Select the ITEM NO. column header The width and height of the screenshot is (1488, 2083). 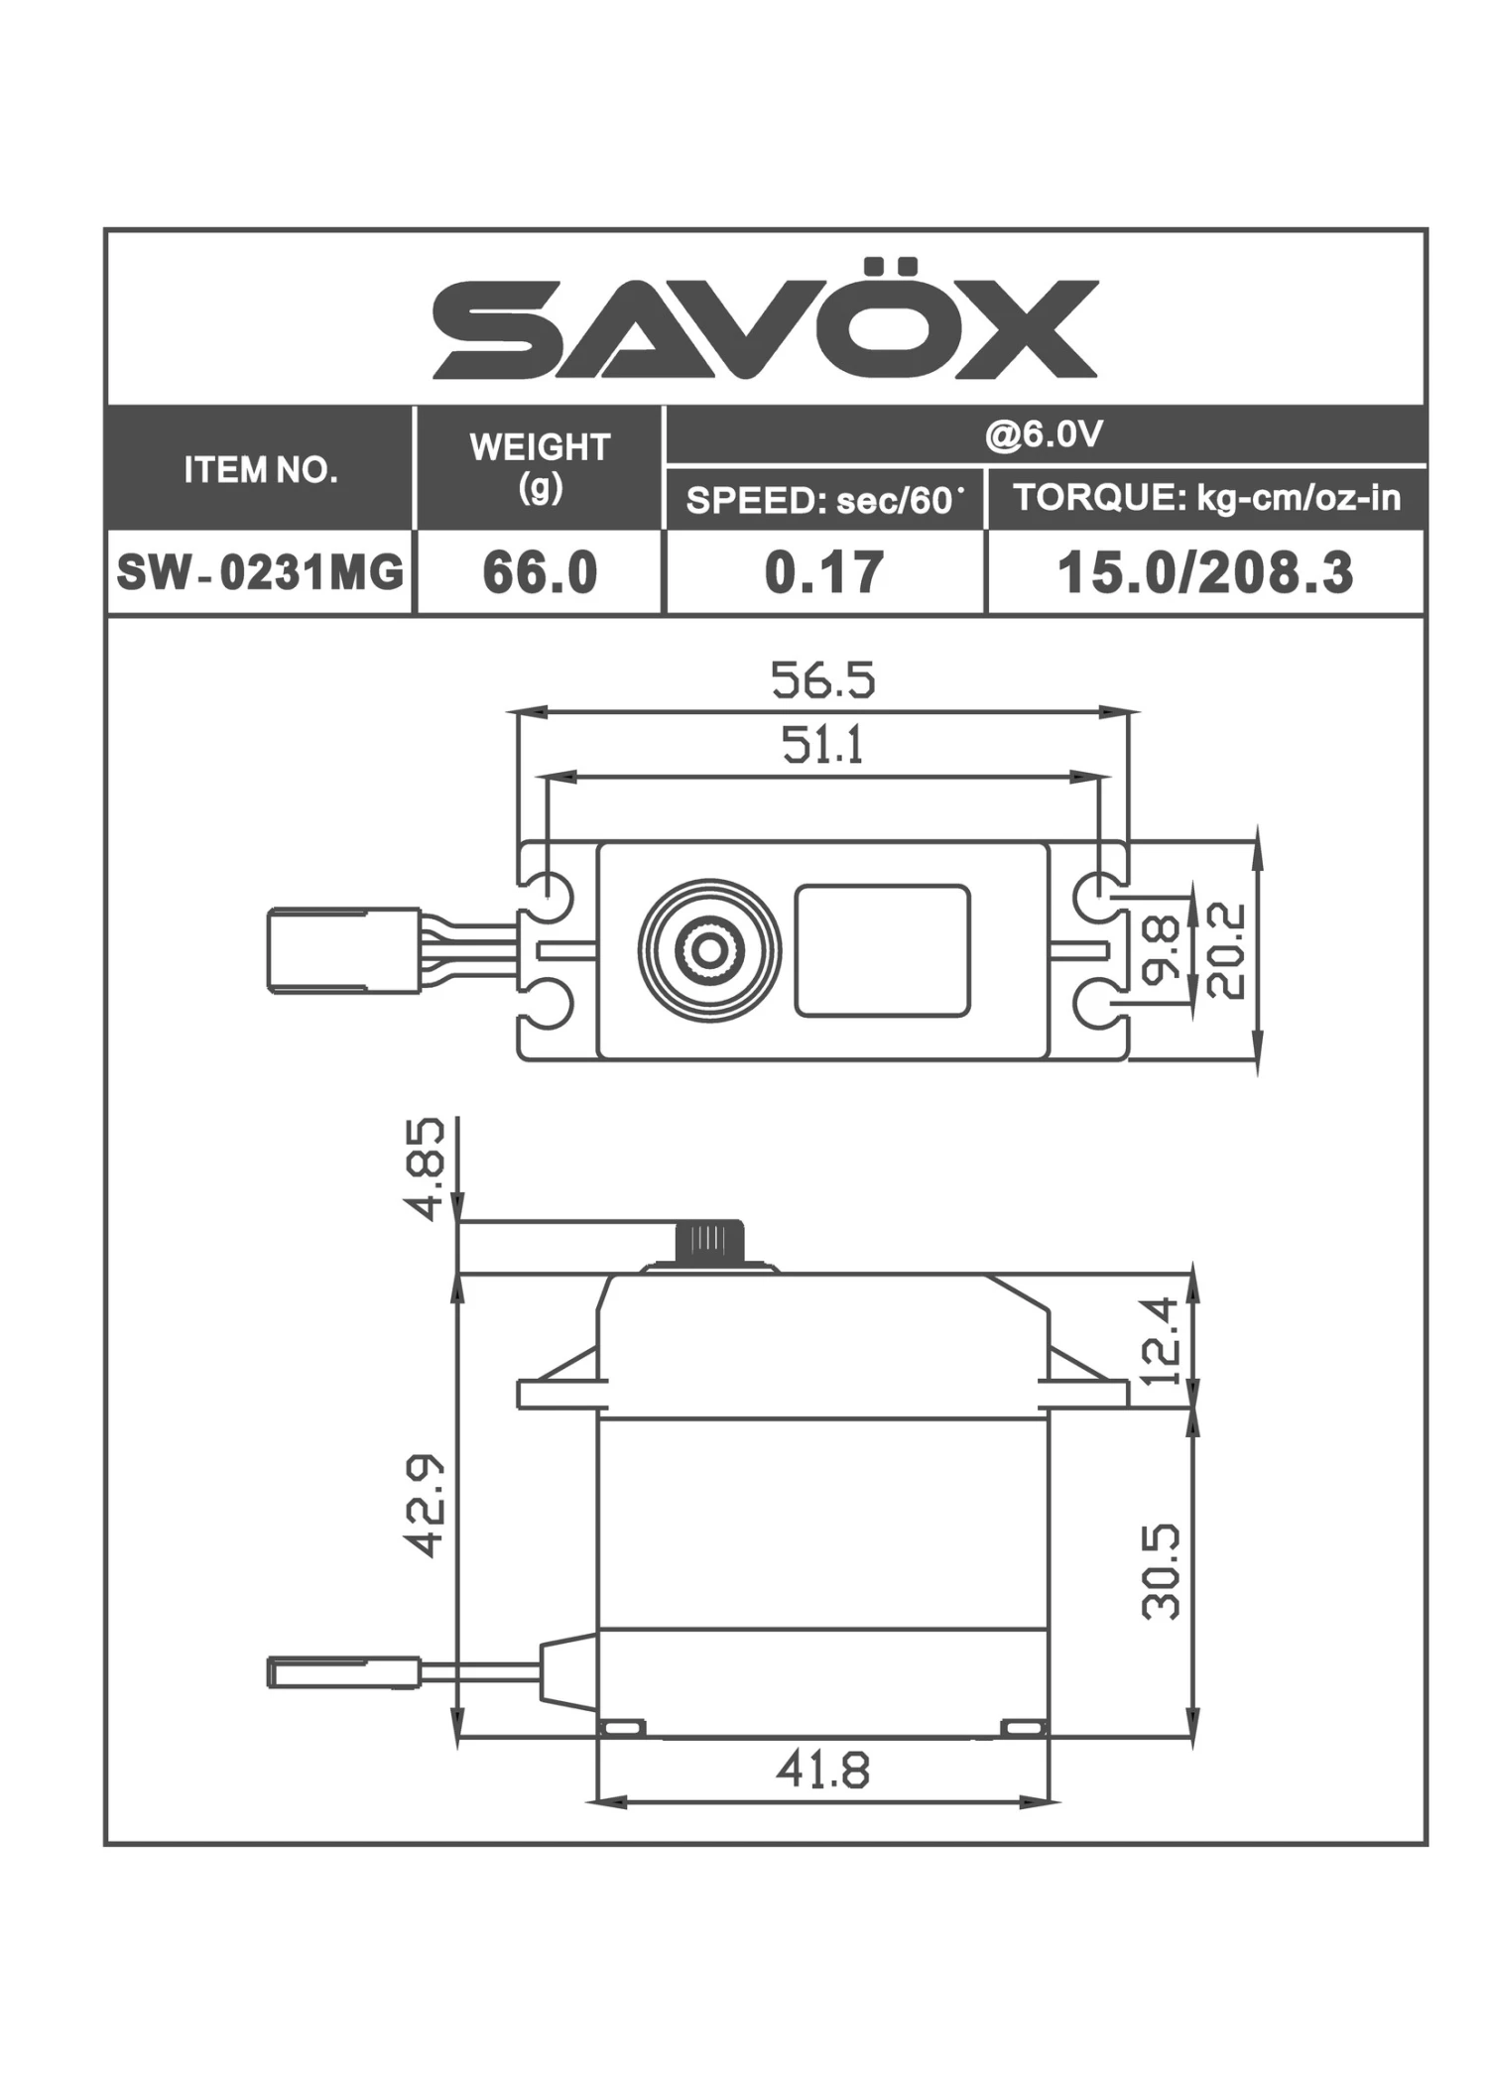[x=260, y=469]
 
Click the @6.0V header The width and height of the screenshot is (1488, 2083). [x=1044, y=434]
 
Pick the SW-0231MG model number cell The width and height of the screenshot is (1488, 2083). [x=260, y=572]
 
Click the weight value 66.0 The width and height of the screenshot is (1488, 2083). [x=540, y=573]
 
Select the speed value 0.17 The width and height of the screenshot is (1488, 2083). [x=823, y=573]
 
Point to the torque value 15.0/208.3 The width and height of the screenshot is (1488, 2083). [x=1204, y=573]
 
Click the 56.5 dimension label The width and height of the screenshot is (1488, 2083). [x=822, y=680]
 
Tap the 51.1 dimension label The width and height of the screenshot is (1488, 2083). [x=822, y=745]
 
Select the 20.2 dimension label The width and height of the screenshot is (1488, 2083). [x=1226, y=949]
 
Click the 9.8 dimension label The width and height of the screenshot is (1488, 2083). [x=1162, y=949]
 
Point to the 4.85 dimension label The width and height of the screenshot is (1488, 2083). [x=425, y=1168]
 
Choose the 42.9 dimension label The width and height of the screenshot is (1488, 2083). [x=425, y=1505]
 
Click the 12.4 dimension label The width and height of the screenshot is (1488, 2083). [x=1162, y=1340]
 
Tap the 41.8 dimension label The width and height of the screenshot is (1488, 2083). [x=822, y=1770]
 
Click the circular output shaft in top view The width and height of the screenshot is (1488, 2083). [x=708, y=950]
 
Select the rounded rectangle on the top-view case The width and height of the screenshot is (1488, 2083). [x=882, y=950]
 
